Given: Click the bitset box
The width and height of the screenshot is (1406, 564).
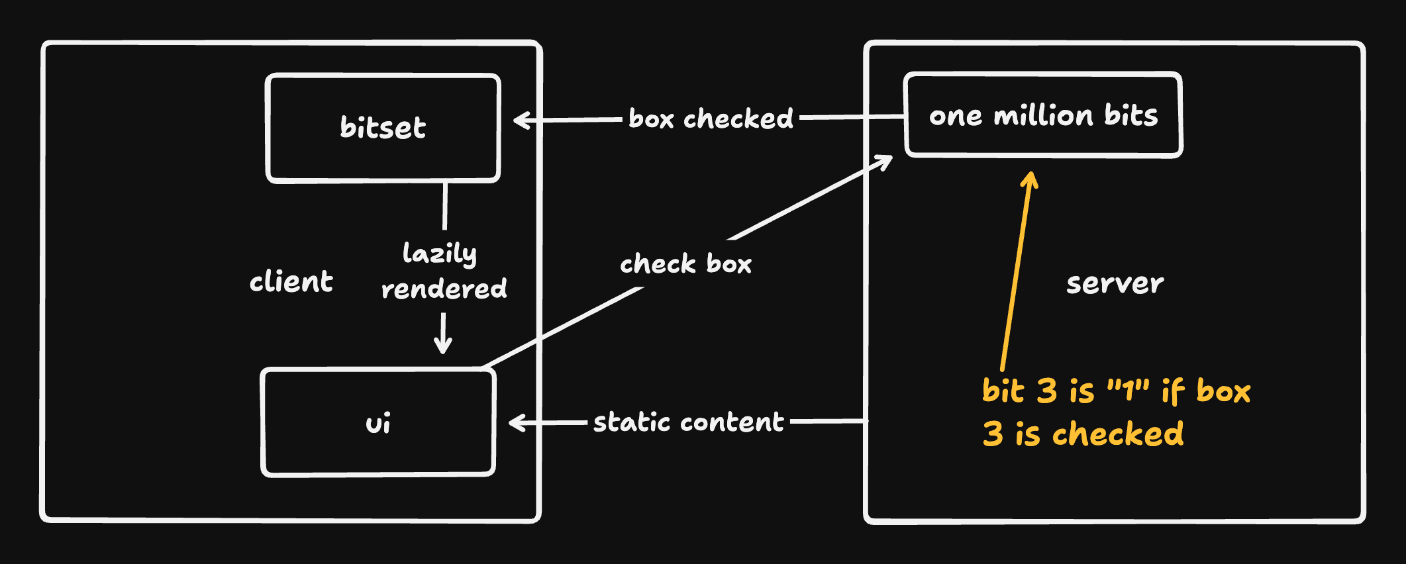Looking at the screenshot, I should tap(383, 128).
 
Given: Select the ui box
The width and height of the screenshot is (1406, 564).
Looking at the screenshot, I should tap(378, 422).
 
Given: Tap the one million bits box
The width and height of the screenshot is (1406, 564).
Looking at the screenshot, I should tap(1043, 115).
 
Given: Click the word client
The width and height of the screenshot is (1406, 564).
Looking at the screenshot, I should tap(291, 282).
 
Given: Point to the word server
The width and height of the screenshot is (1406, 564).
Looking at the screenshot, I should tap(1115, 283).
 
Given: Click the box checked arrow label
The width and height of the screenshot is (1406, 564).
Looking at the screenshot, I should tap(711, 119).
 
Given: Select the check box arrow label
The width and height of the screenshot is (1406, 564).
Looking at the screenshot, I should tap(685, 263).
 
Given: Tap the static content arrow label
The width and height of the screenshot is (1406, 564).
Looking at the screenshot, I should tap(688, 422).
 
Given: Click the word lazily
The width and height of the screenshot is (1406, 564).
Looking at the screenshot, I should tap(440, 254).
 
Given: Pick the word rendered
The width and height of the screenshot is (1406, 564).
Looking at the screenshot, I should tap(444, 289).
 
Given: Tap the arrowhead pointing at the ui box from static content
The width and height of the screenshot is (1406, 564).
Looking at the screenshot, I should tap(517, 422).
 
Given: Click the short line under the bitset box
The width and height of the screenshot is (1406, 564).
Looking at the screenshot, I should tap(445, 206).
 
